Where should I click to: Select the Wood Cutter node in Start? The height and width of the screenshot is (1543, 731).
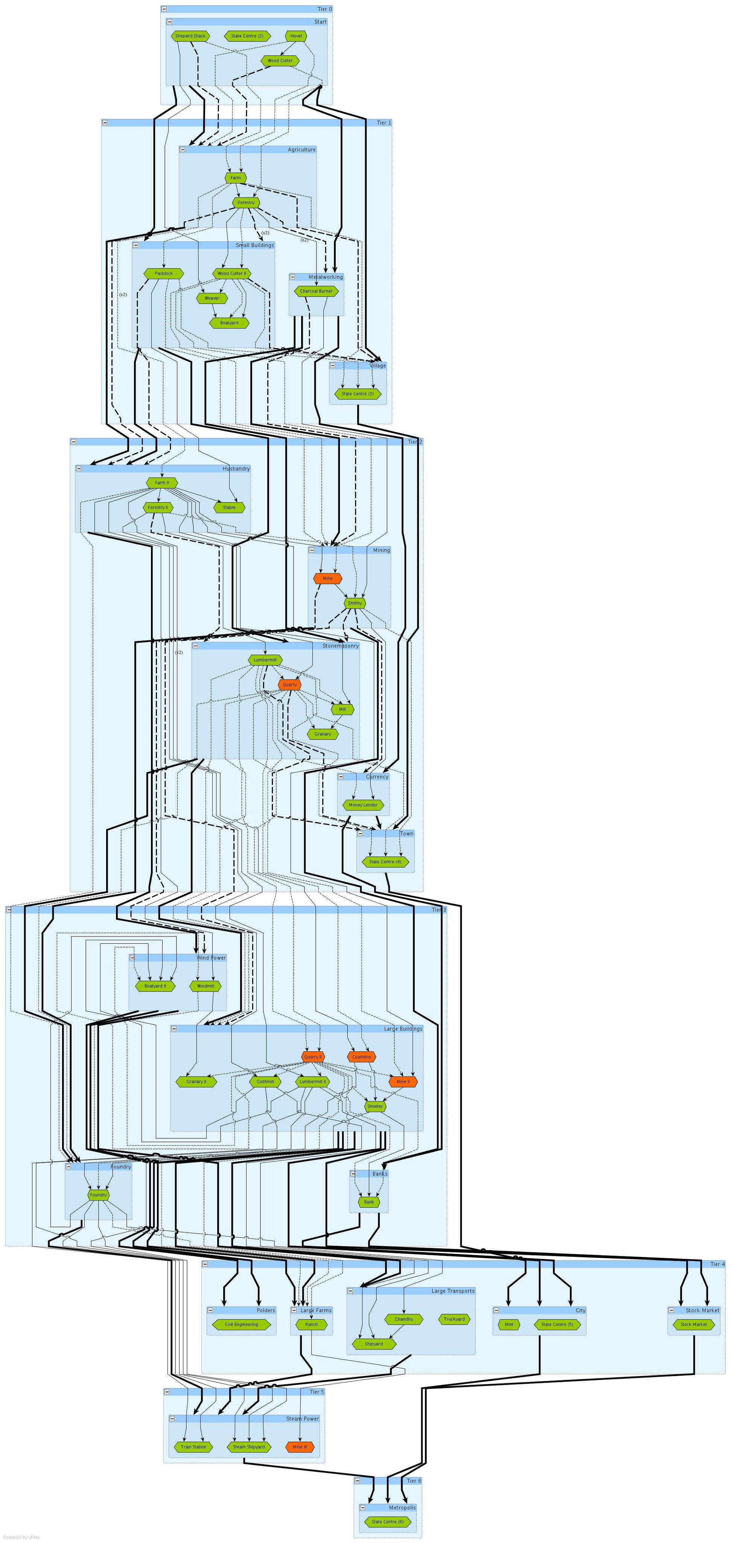tap(280, 61)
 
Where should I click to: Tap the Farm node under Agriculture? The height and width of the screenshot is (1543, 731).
tap(235, 178)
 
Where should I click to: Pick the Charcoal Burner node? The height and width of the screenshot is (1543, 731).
tap(316, 291)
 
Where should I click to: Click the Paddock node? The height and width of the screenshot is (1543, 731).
tap(163, 273)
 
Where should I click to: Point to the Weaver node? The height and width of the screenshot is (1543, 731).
tap(212, 298)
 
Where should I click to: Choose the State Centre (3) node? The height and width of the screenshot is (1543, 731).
tap(358, 394)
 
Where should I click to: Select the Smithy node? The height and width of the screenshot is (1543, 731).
tap(355, 603)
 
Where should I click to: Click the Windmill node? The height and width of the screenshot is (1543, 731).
tap(206, 985)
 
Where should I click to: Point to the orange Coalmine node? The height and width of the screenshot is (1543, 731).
tap(361, 1057)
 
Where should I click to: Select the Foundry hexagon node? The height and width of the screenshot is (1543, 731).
tap(98, 1195)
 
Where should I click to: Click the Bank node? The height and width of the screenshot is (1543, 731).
tap(369, 1202)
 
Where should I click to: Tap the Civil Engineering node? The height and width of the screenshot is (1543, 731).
tap(241, 1325)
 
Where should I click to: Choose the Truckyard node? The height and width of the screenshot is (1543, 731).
tap(454, 1319)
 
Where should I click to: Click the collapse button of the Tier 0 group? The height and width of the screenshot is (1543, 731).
tap(164, 9)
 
